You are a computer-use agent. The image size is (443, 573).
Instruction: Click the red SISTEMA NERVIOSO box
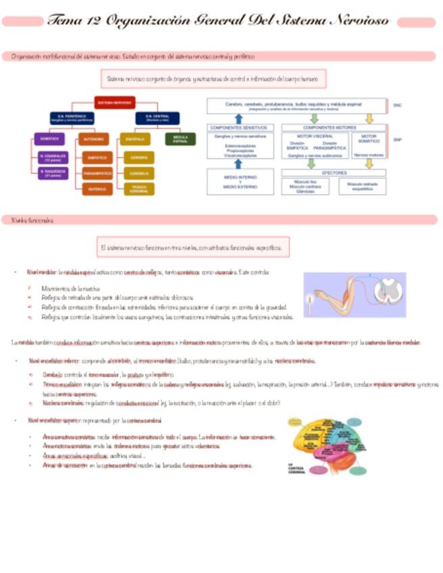pyautogui.click(x=114, y=103)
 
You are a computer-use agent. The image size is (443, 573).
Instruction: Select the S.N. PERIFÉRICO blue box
pyautogui.click(x=72, y=118)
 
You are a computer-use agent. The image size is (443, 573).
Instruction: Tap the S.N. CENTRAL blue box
pyautogui.click(x=157, y=118)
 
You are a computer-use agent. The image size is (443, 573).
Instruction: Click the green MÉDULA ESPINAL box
pyautogui.click(x=180, y=139)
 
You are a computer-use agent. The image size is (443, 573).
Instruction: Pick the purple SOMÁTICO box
pyautogui.click(x=49, y=139)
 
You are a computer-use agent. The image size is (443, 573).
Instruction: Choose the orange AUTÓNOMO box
pyautogui.click(x=93, y=139)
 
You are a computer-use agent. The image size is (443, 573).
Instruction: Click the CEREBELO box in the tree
pyautogui.click(x=138, y=174)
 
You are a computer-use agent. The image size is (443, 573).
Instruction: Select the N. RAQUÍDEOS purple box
pyautogui.click(x=53, y=174)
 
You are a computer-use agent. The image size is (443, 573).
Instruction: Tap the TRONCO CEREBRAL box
pyautogui.click(x=138, y=189)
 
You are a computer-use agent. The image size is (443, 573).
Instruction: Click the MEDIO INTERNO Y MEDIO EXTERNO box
pyautogui.click(x=240, y=182)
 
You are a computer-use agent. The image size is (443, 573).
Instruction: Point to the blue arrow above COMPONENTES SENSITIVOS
pyautogui.click(x=238, y=118)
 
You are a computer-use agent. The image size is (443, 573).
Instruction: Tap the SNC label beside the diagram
pyautogui.click(x=397, y=105)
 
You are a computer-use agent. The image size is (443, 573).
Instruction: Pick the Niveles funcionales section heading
pyautogui.click(x=28, y=220)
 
